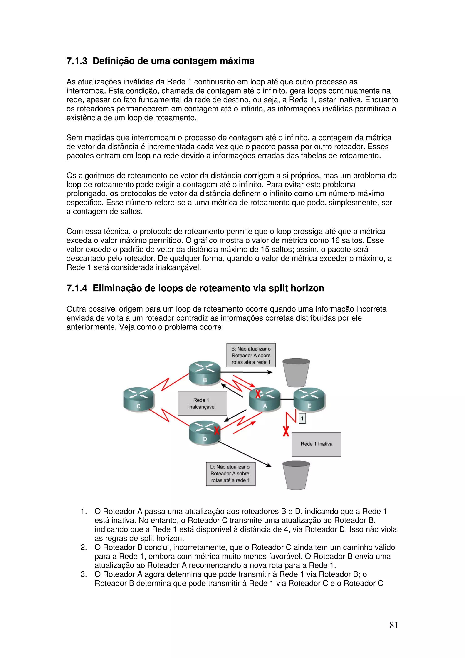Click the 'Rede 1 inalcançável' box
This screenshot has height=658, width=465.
point(202,403)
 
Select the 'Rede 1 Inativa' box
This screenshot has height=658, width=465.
point(316,444)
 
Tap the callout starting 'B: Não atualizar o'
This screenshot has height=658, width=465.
point(251,355)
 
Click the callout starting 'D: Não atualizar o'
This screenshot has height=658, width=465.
point(231,473)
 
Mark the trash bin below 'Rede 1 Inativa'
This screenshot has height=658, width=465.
point(296,475)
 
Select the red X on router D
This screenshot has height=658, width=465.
point(217,430)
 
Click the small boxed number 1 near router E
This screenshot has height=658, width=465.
point(302,419)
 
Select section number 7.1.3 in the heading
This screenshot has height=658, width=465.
point(77,61)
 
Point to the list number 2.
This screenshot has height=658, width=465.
point(84,547)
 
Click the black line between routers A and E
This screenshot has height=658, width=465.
point(287,399)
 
